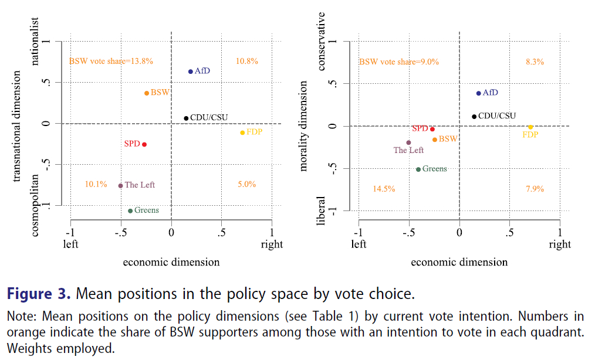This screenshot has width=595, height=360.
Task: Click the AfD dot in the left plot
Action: click(x=190, y=72)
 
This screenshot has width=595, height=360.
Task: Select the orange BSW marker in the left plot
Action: click(x=147, y=93)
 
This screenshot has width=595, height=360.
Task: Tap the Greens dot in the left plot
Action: click(x=130, y=210)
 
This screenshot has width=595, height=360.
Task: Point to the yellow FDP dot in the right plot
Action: click(x=530, y=127)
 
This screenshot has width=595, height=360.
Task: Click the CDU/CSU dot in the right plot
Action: click(x=474, y=116)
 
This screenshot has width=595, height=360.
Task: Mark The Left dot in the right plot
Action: click(x=408, y=142)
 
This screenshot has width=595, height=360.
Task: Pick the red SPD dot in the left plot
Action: click(x=144, y=144)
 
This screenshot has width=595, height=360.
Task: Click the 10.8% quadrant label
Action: click(x=246, y=61)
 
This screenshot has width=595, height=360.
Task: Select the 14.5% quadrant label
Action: click(x=384, y=189)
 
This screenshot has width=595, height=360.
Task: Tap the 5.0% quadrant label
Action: click(x=246, y=184)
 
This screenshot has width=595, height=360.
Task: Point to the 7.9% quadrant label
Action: click(x=535, y=189)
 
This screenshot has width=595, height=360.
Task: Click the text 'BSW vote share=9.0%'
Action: click(x=398, y=62)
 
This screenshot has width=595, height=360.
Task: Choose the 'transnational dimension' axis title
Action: click(x=17, y=126)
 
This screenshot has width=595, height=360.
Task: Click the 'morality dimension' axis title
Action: click(x=303, y=126)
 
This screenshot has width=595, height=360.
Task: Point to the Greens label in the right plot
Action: click(x=435, y=169)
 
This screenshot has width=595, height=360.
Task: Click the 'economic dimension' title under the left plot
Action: click(x=171, y=262)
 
